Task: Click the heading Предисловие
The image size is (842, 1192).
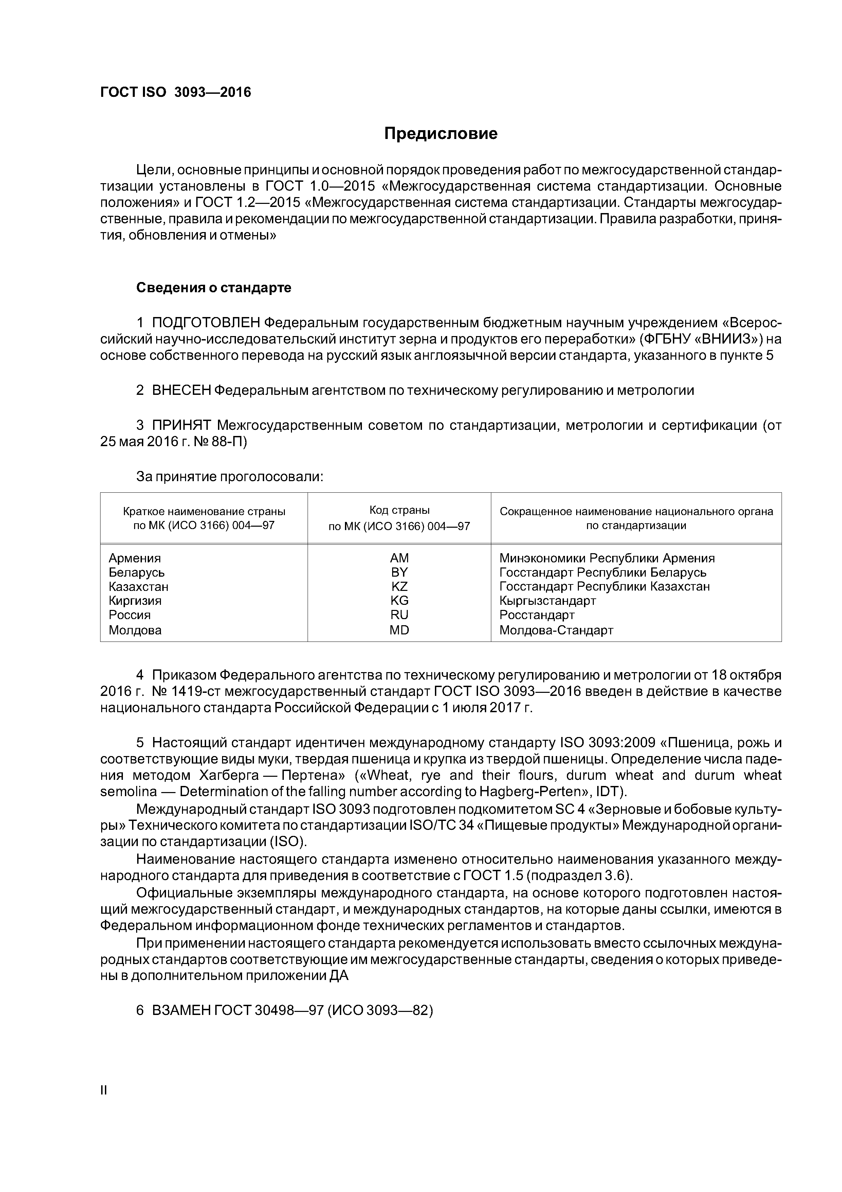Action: click(x=440, y=134)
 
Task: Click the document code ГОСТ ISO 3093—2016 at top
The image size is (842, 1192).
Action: click(x=175, y=92)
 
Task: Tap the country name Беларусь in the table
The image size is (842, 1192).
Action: click(x=136, y=573)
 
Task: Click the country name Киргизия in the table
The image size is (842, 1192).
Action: click(x=135, y=601)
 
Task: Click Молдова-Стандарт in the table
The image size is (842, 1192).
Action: click(x=556, y=630)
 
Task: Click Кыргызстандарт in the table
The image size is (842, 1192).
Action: click(x=547, y=601)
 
